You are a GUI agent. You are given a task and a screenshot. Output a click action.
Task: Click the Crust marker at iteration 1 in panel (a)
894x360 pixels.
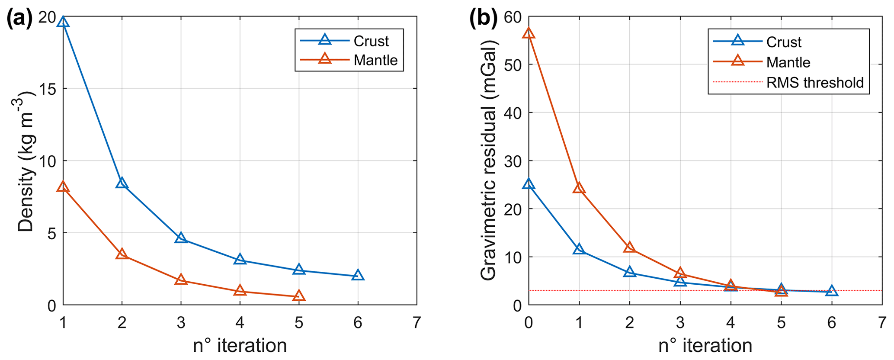63,22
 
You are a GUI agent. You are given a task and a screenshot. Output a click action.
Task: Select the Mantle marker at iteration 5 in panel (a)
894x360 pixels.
298,296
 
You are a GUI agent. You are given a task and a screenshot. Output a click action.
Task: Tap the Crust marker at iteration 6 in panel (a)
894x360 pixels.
358,275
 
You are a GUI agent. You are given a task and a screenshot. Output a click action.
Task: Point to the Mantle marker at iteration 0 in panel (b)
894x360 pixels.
529,33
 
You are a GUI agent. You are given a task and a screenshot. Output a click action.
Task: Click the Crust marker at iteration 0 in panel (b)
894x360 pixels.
529,184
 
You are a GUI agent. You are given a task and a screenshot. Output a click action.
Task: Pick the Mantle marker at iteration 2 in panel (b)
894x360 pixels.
630,247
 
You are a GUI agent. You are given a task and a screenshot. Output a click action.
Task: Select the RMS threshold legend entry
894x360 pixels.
815,83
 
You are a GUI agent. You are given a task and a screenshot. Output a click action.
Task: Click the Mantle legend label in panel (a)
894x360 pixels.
375,60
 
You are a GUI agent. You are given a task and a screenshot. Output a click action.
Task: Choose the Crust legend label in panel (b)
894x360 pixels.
784,42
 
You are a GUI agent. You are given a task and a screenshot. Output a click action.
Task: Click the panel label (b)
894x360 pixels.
484,19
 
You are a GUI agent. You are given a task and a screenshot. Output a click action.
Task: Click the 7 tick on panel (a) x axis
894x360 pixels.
417,323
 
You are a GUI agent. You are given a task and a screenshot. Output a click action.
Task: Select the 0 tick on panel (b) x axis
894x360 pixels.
529,323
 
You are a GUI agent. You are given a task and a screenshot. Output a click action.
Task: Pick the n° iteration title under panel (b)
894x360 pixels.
705,346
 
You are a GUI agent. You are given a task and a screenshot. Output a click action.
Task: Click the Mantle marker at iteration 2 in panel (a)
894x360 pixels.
122,254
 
